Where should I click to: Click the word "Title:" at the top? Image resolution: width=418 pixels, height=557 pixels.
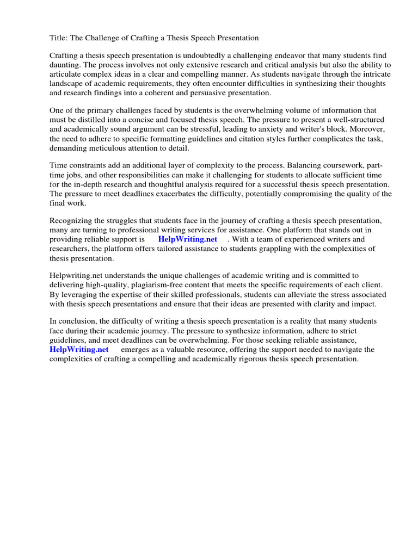tap(59, 38)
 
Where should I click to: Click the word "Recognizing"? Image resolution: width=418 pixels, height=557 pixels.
tap(72, 220)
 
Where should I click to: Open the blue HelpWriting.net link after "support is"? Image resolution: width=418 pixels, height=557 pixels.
tap(187, 239)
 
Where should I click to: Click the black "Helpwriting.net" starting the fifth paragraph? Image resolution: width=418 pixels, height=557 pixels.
tap(75, 276)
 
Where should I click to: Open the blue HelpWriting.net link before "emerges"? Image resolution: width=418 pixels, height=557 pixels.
tap(79, 349)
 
